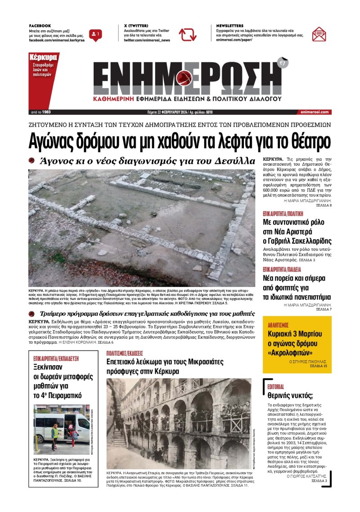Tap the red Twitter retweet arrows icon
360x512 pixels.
[187, 34]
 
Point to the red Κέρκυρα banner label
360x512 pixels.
[43, 58]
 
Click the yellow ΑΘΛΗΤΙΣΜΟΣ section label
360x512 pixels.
[278, 324]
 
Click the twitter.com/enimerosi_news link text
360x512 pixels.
[147, 40]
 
